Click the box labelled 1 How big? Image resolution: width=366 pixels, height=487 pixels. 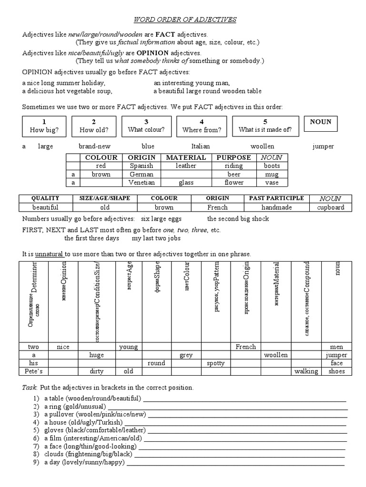point(43,126)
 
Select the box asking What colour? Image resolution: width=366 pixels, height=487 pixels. point(146,126)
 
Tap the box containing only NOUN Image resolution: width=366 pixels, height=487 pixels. point(320,122)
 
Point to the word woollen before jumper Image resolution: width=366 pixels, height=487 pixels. point(262,146)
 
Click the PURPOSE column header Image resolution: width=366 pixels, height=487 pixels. point(234,157)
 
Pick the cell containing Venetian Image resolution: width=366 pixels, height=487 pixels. point(142,183)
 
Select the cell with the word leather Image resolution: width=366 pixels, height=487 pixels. point(186,166)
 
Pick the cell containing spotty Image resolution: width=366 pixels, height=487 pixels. point(216,363)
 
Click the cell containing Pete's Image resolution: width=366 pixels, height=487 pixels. point(34,371)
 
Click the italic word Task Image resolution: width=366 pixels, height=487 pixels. point(30,388)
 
